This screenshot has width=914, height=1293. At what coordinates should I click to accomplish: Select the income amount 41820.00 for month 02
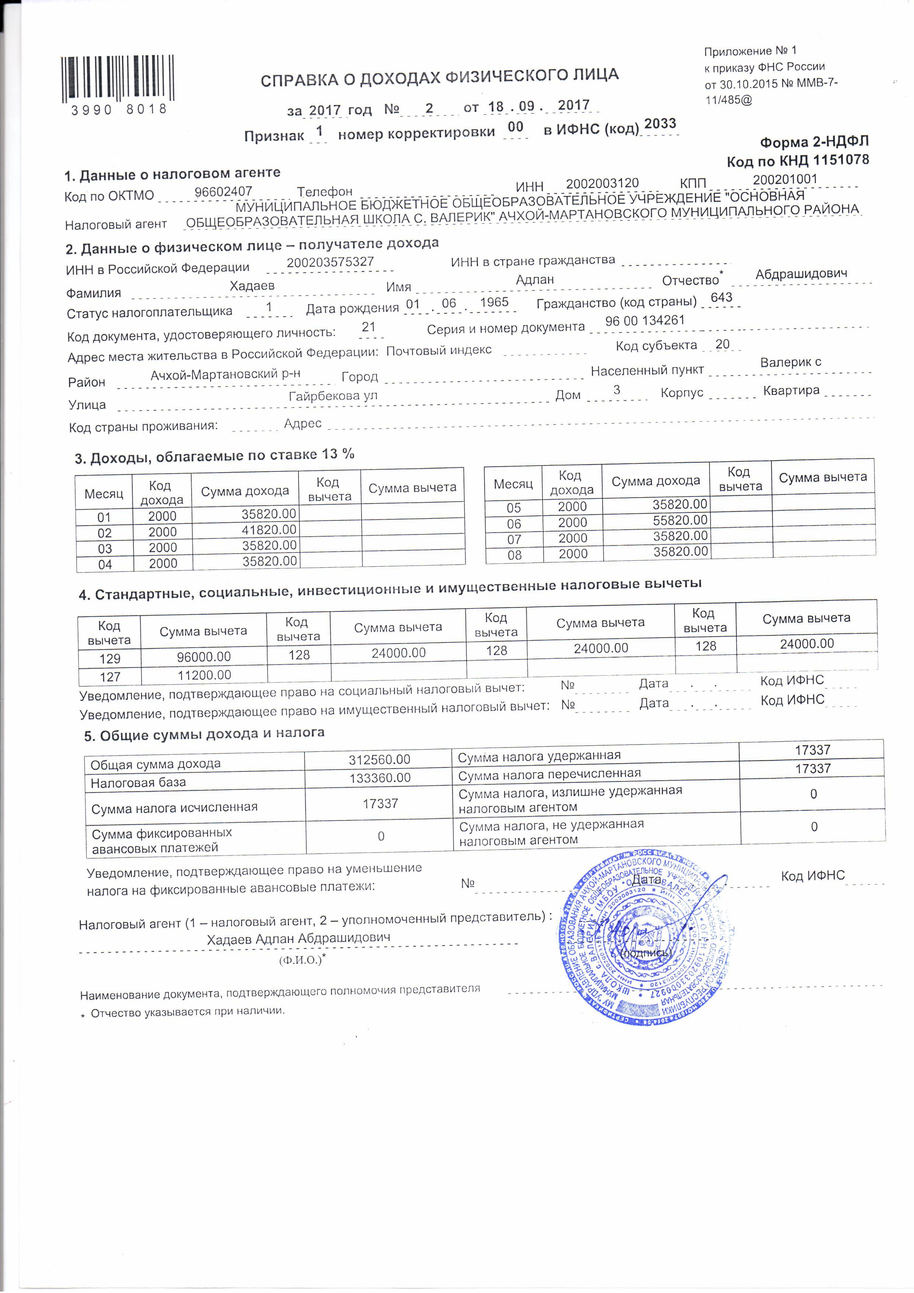pos(269,530)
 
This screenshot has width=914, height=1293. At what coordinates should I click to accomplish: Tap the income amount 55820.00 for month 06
pos(680,520)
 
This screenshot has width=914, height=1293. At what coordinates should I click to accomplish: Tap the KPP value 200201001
pos(785,180)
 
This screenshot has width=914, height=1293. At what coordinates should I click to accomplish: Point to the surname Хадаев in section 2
pos(252,286)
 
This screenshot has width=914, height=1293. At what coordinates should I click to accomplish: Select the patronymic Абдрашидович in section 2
pos(801,274)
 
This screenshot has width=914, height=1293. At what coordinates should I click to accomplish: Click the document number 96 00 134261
pos(645,321)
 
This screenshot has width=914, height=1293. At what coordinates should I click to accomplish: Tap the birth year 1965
pos(494,302)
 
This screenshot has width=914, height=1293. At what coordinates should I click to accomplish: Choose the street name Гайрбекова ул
pos(333,396)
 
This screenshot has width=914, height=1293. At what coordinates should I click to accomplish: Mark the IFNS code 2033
pos(659,124)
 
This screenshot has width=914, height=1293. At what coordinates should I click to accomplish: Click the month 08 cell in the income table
pos(514,555)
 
